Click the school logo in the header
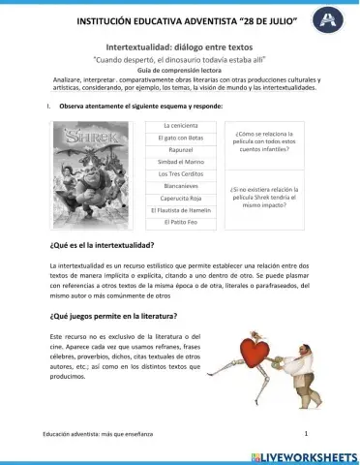(336, 17)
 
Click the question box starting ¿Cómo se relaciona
(263, 141)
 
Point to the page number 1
(306, 434)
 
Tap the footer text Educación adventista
(92, 435)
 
